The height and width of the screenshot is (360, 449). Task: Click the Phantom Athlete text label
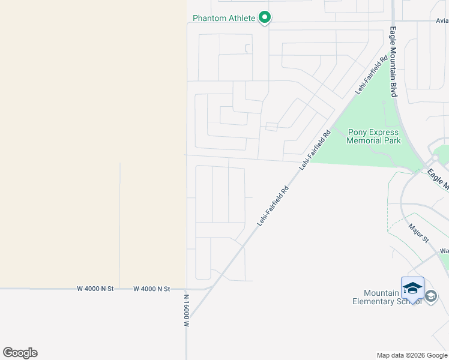(x=223, y=18)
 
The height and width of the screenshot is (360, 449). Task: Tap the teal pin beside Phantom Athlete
(x=265, y=18)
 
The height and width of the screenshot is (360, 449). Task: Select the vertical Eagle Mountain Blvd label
(x=394, y=61)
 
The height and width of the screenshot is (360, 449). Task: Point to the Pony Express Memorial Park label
(x=373, y=136)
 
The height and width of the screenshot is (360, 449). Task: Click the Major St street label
(x=418, y=233)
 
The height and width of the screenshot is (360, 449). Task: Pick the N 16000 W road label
(x=187, y=310)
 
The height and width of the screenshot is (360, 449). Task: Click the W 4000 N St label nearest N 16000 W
(x=152, y=289)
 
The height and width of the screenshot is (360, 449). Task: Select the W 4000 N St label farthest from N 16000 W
(x=95, y=289)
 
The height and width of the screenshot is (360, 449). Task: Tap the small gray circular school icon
(x=431, y=296)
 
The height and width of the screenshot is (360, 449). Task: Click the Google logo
(x=20, y=353)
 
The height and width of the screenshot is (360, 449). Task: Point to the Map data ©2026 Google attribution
(x=412, y=355)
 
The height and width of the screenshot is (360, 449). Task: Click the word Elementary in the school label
(x=373, y=301)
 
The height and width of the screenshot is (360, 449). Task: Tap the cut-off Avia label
(x=442, y=20)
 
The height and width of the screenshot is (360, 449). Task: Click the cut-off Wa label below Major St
(x=444, y=251)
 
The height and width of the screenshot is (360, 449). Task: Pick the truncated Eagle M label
(x=438, y=180)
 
